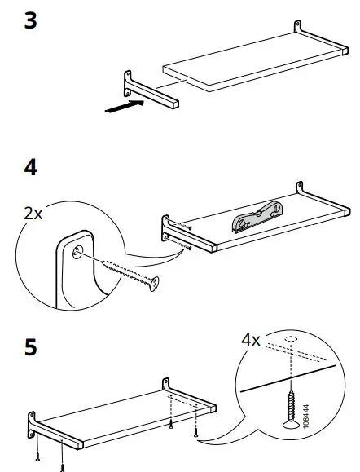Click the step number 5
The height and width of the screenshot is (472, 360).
point(31,347)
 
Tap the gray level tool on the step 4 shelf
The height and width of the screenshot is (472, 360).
point(257,216)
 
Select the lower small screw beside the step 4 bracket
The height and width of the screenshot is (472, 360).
point(185,245)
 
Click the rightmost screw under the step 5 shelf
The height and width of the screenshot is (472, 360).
point(196,433)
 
